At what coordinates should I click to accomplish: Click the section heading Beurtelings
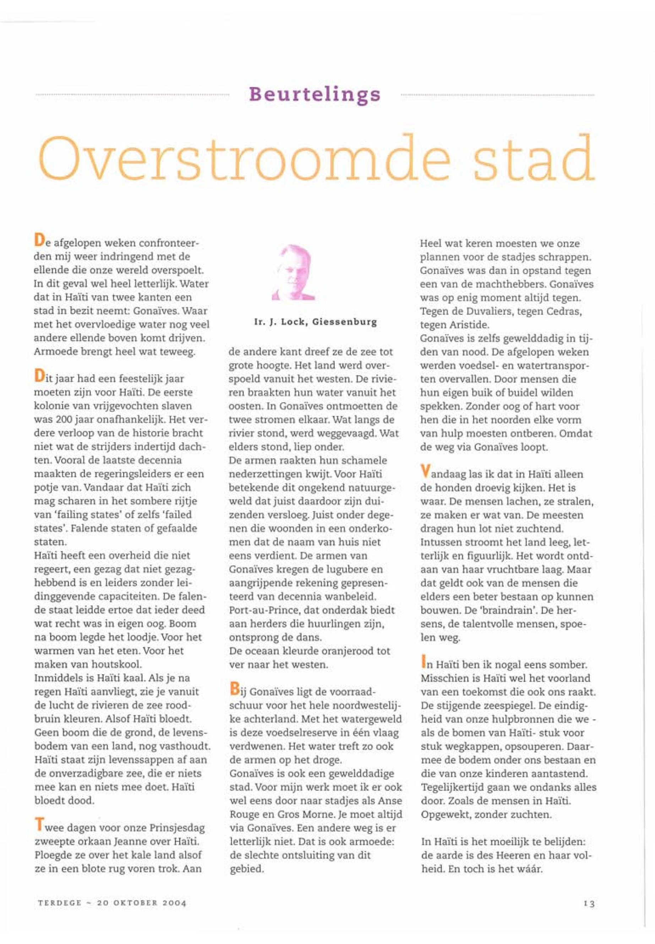315,95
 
